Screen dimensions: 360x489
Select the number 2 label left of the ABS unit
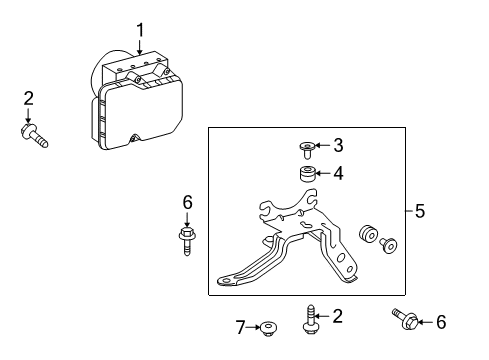pyautogui.click(x=29, y=97)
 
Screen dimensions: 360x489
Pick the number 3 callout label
pyautogui.click(x=338, y=146)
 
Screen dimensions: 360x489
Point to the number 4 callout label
pyautogui.click(x=338, y=174)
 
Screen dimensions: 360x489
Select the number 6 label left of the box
pyautogui.click(x=186, y=203)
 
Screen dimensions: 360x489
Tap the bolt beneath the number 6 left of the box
pyautogui.click(x=186, y=240)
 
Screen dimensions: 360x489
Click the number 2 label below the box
pyautogui.click(x=338, y=317)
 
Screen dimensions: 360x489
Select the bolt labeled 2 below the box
pyautogui.click(x=309, y=321)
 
